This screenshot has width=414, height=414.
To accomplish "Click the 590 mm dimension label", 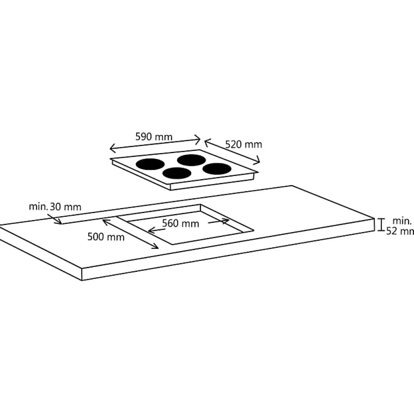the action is [154, 136].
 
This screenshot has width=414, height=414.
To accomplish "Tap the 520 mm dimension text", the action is [243, 145].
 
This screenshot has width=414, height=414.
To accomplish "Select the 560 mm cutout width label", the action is [181, 224].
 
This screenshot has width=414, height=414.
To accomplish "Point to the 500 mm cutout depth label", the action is [106, 237].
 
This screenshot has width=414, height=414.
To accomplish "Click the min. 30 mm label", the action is [55, 206].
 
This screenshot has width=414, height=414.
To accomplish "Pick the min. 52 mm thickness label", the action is [400, 226].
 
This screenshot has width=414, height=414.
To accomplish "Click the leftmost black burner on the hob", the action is [150, 164].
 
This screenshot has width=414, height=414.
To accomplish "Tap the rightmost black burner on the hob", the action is [217, 169].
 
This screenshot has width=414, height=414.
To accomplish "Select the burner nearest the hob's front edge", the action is [177, 173].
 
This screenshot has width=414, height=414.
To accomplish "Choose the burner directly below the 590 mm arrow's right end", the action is [191, 160].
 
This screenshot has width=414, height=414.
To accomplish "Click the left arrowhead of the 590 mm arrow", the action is [112, 148].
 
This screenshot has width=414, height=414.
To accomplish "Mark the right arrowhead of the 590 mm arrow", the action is [198, 139].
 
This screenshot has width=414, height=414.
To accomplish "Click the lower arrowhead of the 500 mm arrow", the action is [155, 246].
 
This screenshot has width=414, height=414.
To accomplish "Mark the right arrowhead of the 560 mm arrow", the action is [226, 221].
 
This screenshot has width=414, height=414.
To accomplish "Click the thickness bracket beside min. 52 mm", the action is [381, 225].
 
